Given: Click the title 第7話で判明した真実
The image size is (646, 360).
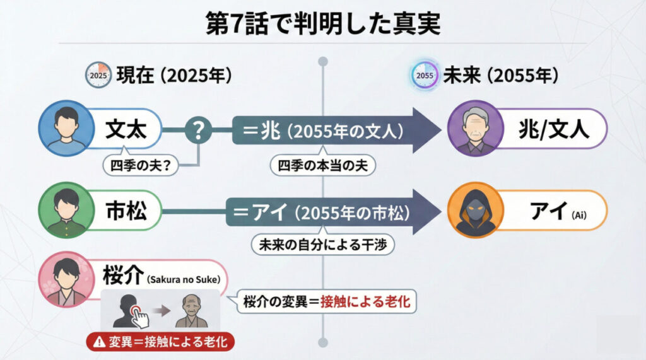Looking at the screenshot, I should [323, 23].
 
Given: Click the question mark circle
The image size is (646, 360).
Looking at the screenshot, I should [198, 131].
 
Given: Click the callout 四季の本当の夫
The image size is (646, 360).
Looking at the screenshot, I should [323, 165].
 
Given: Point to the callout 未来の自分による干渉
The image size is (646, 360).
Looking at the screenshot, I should [323, 245].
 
